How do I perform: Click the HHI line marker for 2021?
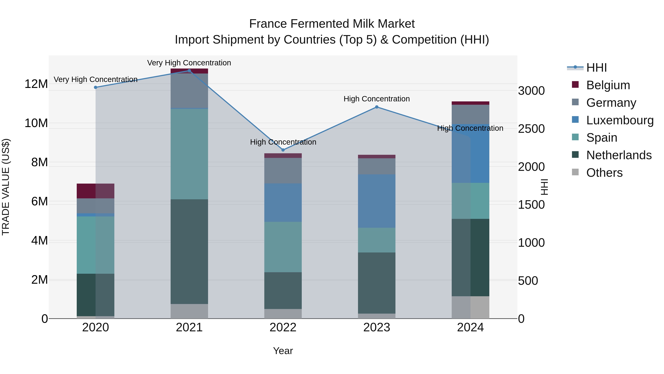[x=189, y=71]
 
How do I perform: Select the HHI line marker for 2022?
[x=283, y=150]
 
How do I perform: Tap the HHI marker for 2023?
[x=377, y=107]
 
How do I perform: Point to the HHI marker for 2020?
[x=96, y=87]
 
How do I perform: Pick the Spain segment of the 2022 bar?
[x=283, y=247]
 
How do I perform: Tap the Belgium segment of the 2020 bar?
[x=96, y=191]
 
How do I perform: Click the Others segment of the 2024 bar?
[x=470, y=307]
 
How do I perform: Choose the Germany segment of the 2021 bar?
[x=189, y=91]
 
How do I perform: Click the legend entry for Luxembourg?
[x=620, y=120]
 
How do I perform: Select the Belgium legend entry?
[x=608, y=85]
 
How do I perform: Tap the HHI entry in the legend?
[x=596, y=68]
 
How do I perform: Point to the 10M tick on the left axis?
[x=36, y=123]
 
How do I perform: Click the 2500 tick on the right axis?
[x=531, y=129]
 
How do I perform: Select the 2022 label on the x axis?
[x=283, y=327]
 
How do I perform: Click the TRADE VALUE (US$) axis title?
[x=6, y=187]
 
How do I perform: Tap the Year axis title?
[x=283, y=351]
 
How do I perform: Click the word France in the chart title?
[x=268, y=24]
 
